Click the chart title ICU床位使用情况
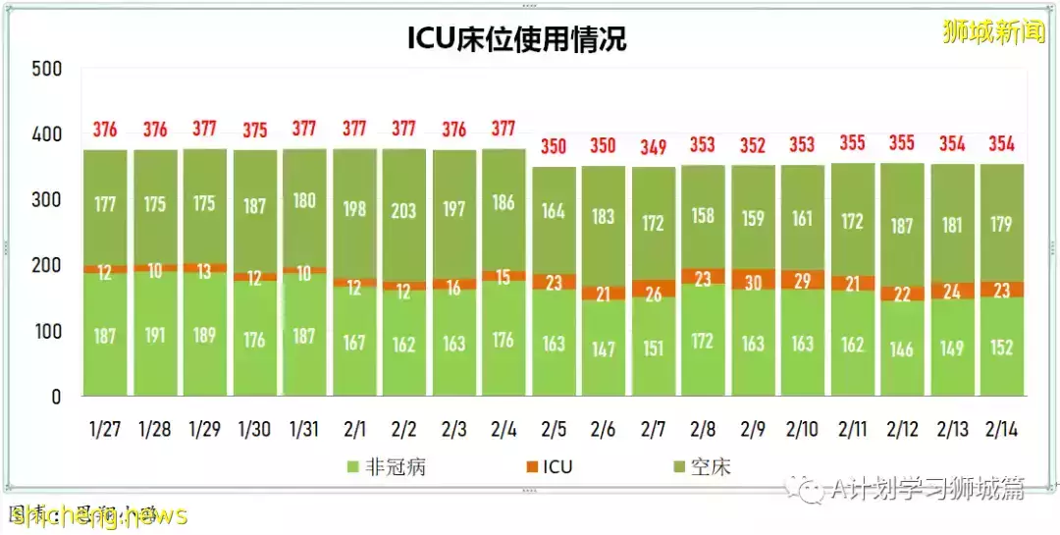pos(516,38)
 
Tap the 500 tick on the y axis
pos(46,69)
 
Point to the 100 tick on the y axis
pos(46,332)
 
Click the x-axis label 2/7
pos(654,429)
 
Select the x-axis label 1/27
pos(105,429)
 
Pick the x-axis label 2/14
pos(1002,429)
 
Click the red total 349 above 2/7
pos(654,147)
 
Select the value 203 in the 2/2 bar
pos(404,211)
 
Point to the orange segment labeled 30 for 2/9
pos(754,280)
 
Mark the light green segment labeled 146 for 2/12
pos(902,348)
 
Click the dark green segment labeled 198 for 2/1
pos(354,208)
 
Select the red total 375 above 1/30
pos(255,130)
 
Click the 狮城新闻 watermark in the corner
pos(993,31)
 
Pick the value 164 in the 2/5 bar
pos(555,211)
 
